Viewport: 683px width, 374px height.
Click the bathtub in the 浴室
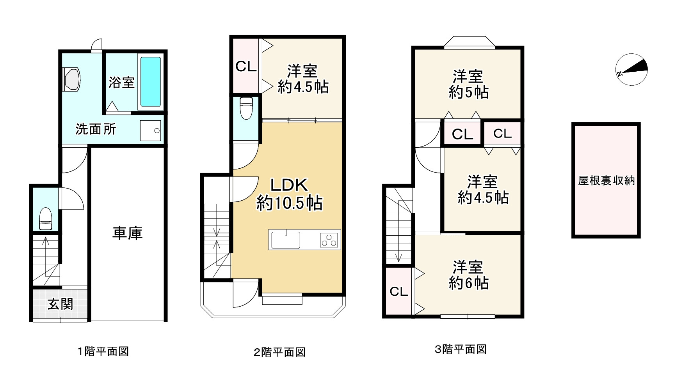point(150,82)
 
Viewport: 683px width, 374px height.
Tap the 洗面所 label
point(96,129)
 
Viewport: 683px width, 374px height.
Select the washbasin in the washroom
point(71,79)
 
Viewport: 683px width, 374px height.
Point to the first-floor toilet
point(46,219)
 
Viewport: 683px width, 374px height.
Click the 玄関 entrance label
point(60,304)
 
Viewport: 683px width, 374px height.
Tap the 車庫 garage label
point(128,233)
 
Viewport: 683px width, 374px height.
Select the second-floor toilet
point(246,108)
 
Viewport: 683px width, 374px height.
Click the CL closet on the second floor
point(246,67)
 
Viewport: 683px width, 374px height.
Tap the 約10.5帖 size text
point(289,203)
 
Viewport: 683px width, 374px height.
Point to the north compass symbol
point(631,69)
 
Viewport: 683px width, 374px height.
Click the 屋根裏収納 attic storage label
point(606,180)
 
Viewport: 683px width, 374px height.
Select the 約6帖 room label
point(468,283)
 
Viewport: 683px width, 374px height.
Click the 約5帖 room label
point(468,93)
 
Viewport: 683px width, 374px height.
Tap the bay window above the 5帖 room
point(470,42)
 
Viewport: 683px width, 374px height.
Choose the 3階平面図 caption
point(461,349)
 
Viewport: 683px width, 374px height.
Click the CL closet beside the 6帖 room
point(399,291)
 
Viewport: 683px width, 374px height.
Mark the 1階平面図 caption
point(103,351)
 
